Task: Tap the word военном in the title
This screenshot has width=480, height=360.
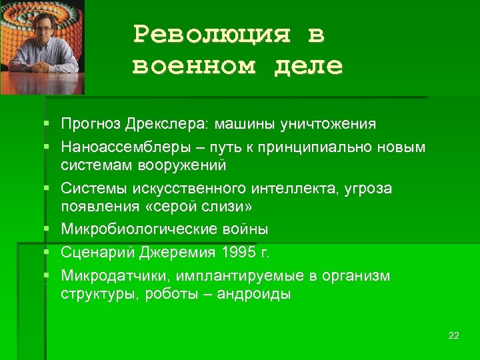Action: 193,66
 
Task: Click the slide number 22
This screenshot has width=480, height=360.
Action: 454,335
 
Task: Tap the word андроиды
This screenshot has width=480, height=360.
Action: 255,294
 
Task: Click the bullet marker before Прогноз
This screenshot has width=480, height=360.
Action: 46,124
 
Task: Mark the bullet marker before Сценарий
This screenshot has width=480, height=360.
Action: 46,253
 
